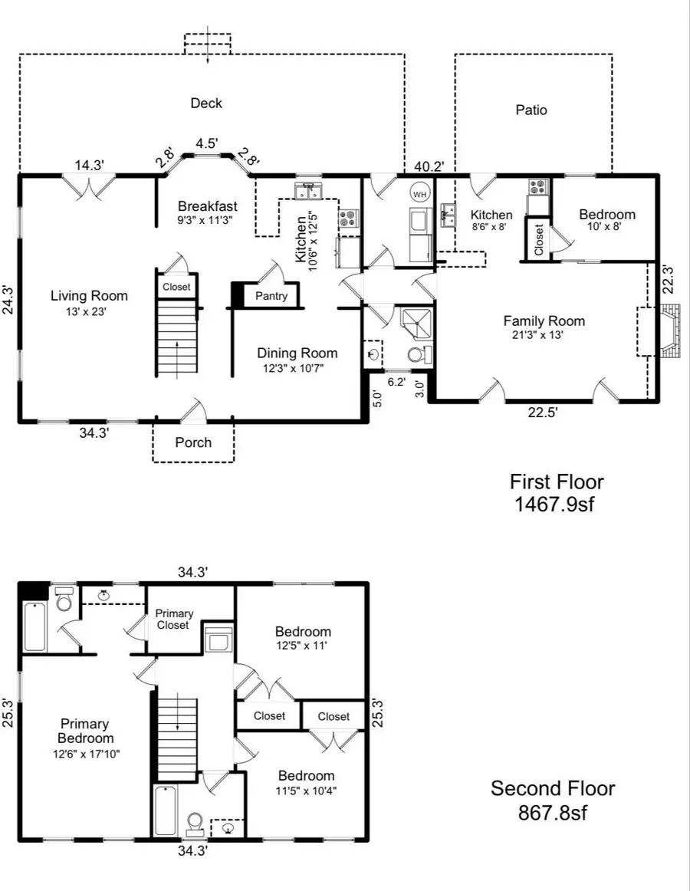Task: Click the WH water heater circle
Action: (419, 195)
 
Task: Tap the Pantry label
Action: (271, 296)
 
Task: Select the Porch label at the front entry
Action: (193, 442)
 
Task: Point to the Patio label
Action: (531, 110)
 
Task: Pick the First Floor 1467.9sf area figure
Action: (557, 505)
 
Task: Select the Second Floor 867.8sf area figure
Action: (551, 812)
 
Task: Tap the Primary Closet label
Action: (173, 620)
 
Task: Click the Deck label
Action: (206, 104)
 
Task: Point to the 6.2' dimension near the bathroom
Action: (396, 381)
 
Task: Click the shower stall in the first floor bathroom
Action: (415, 323)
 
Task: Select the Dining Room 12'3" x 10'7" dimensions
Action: (297, 368)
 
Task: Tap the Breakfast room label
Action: (207, 206)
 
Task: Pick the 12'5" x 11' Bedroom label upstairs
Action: (303, 646)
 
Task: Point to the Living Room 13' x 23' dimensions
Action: (89, 311)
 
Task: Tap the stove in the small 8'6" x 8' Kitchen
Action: (537, 186)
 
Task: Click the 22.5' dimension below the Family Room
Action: (543, 412)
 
